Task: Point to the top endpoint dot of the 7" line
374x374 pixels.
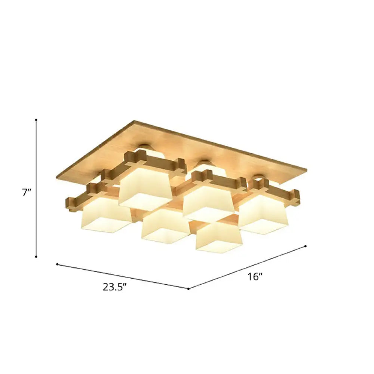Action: click(x=36, y=120)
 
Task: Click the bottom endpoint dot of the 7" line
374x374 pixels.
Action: click(x=36, y=257)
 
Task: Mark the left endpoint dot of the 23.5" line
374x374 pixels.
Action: click(x=57, y=264)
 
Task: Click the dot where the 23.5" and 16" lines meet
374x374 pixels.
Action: click(x=188, y=289)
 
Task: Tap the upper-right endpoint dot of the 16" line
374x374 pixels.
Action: click(x=306, y=246)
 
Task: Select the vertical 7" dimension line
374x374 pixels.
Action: click(x=36, y=187)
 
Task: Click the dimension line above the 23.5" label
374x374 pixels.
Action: click(x=123, y=276)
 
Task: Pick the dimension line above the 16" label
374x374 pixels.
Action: click(x=247, y=267)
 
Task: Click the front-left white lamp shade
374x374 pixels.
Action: click(x=106, y=216)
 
